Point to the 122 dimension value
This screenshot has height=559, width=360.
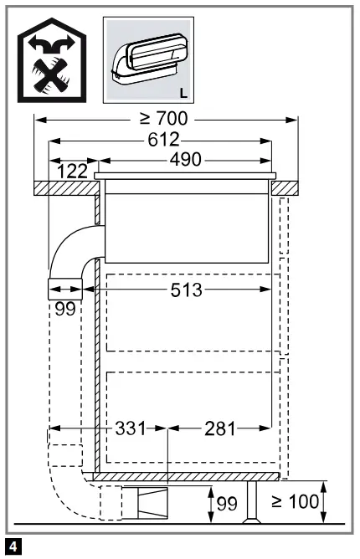74,172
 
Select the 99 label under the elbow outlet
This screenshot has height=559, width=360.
64,308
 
